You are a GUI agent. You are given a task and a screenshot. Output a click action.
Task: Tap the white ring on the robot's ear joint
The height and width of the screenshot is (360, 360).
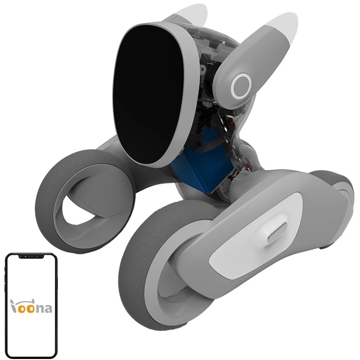click(241, 86)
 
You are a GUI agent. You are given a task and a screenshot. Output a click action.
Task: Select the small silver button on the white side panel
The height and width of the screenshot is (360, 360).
click(277, 232)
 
